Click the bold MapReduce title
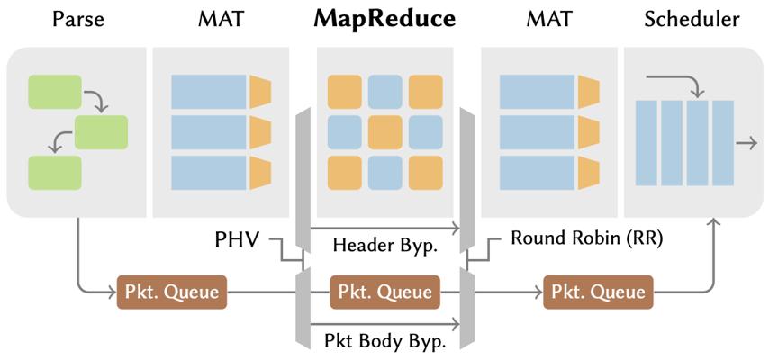[384, 19]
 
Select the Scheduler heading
[692, 19]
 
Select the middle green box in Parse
[101, 132]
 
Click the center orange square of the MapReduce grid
[384, 131]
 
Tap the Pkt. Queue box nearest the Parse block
[171, 292]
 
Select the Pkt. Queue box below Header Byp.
[384, 292]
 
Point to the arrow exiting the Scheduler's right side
[746, 142]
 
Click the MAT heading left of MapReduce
[221, 19]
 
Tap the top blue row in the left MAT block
[209, 92]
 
